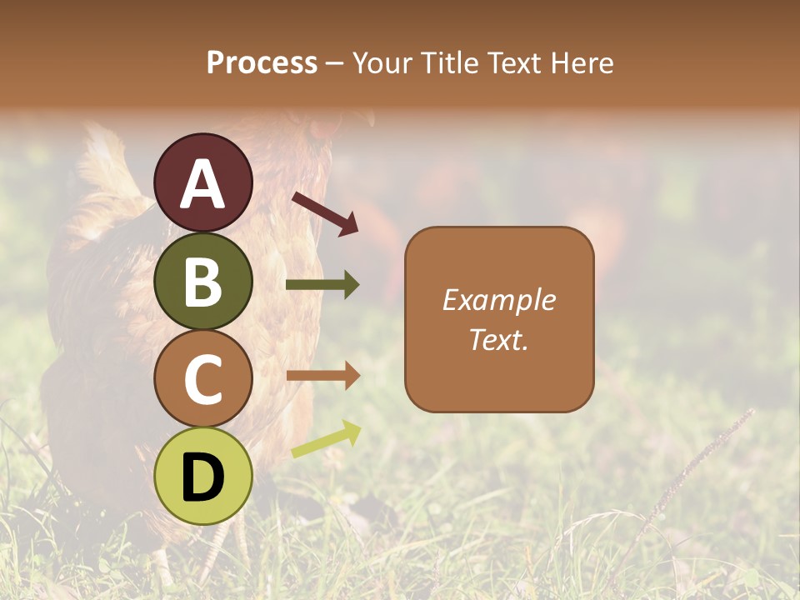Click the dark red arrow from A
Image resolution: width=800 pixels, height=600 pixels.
click(325, 212)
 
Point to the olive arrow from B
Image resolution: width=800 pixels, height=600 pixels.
click(322, 285)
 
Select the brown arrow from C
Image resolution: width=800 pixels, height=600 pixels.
click(322, 376)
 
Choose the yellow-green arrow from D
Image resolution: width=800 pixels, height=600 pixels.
click(326, 439)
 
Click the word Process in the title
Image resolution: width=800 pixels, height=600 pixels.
click(262, 63)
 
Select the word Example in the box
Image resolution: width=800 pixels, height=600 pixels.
click(499, 300)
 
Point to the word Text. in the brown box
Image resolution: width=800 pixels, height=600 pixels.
click(499, 339)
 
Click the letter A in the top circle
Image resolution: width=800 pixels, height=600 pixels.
click(203, 184)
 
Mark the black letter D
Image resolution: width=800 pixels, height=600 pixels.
click(203, 477)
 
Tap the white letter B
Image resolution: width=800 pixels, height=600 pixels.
click(203, 282)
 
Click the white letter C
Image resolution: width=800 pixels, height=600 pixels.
click(203, 379)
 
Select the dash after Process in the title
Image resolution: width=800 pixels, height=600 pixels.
click(335, 64)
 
